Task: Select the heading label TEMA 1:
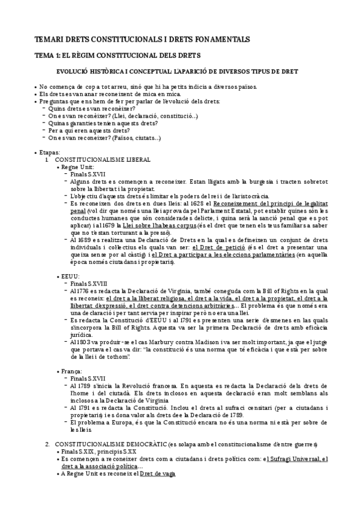click(47, 56)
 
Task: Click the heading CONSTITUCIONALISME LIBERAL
click(102, 159)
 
